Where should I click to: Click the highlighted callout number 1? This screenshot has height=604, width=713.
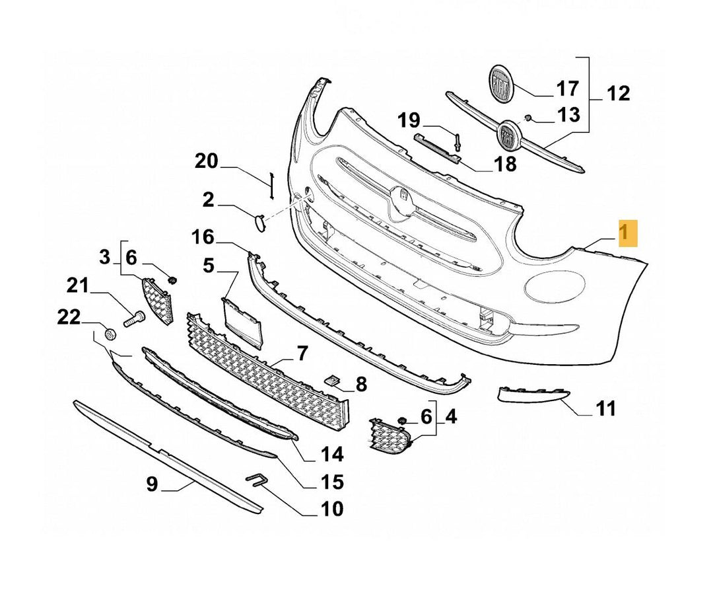[x=627, y=233]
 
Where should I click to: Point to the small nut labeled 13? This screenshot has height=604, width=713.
[x=529, y=118]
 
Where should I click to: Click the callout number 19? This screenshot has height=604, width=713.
[x=409, y=120]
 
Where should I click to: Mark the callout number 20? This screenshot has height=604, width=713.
[x=206, y=161]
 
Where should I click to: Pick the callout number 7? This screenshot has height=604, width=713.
[x=302, y=354]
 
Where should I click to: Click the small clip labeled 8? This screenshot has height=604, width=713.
[x=332, y=379]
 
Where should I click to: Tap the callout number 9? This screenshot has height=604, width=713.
[x=152, y=484]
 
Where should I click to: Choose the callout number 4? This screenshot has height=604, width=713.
[x=451, y=417]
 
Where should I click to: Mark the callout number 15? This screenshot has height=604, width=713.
[x=332, y=482]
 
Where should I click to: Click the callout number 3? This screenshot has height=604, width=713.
[x=105, y=257]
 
